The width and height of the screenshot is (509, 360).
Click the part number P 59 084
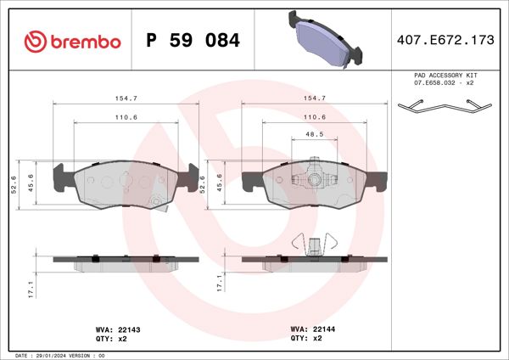pyautogui.click(x=193, y=41)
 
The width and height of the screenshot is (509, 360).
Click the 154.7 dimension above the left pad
pyautogui.click(x=126, y=98)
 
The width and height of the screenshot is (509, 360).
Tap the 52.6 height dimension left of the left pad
pyautogui.click(x=14, y=183)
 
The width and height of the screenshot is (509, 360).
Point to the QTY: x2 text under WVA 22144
pyautogui.click(x=306, y=338)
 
